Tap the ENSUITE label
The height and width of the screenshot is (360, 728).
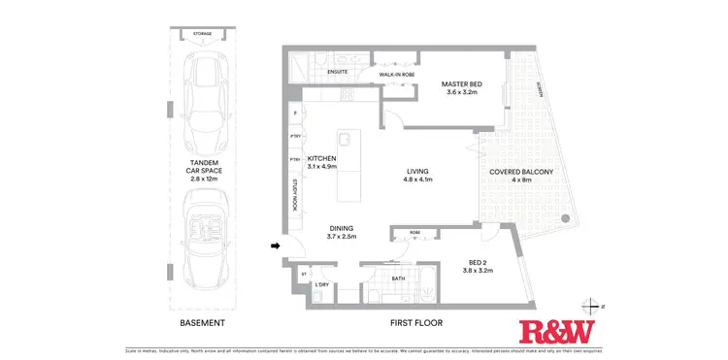click(338, 72)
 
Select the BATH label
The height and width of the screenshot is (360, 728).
click(398, 279)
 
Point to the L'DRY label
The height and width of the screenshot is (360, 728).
click(322, 283)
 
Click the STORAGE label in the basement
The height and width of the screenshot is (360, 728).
click(202, 34)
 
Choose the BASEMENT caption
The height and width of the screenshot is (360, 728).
click(203, 322)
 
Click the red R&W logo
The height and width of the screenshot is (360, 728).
click(555, 331)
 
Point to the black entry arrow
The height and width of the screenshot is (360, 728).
click(276, 245)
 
